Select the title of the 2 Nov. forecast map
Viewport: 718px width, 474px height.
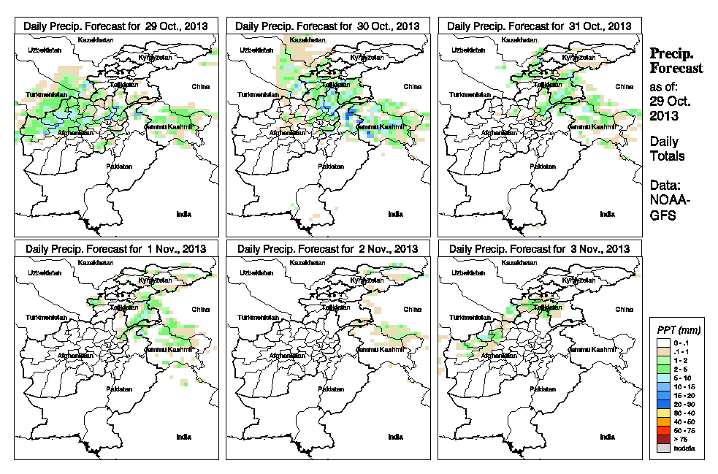[327, 249]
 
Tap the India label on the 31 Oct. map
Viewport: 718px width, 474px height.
[607, 214]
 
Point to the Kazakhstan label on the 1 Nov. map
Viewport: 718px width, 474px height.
[96, 262]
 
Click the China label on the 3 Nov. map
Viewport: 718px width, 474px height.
[624, 310]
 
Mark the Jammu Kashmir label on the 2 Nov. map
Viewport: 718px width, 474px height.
[380, 350]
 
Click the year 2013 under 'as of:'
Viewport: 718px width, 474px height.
[662, 115]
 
